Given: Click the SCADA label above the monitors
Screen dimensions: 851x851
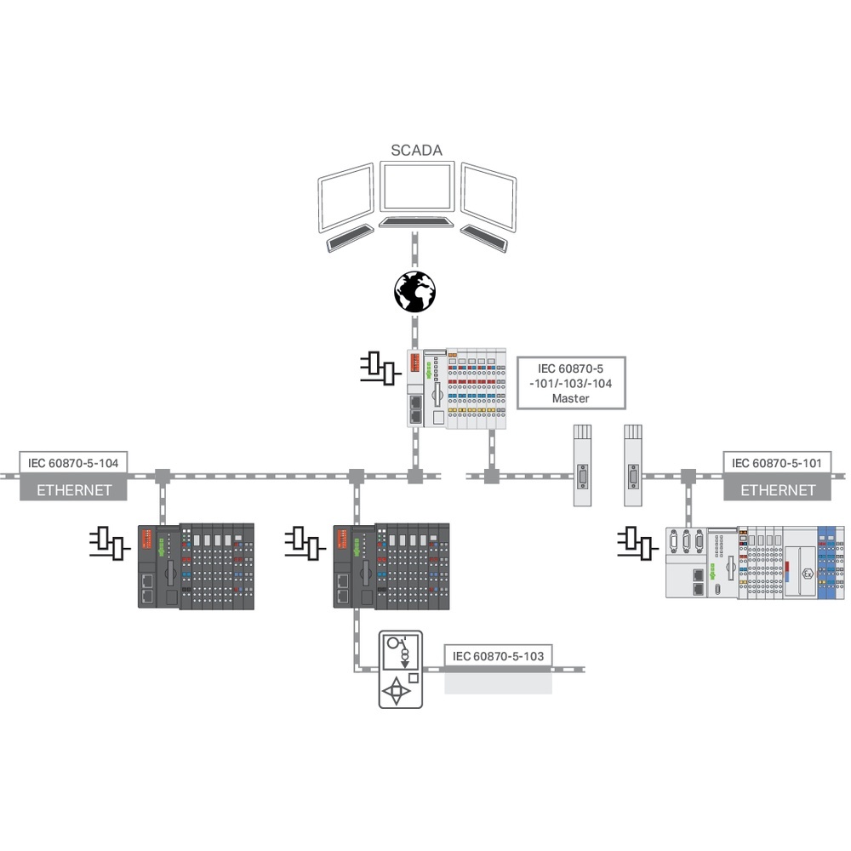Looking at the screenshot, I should click(x=417, y=151).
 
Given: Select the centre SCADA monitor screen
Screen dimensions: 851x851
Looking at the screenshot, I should click(x=416, y=188).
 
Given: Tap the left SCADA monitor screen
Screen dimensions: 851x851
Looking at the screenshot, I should click(x=346, y=198).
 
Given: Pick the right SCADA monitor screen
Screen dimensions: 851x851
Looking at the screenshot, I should click(x=488, y=198).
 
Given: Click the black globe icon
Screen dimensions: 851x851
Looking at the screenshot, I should click(x=415, y=291).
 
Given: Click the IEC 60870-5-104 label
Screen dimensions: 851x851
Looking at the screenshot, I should click(x=73, y=463).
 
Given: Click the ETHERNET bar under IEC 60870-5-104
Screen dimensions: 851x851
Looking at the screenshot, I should click(x=73, y=489).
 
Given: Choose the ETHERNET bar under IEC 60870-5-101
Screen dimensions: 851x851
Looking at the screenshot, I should click(x=778, y=489).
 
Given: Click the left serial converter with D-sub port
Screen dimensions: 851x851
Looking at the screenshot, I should click(x=582, y=465).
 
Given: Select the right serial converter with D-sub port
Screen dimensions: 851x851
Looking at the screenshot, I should click(x=632, y=465).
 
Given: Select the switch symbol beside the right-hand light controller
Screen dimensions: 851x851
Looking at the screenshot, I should click(x=637, y=542).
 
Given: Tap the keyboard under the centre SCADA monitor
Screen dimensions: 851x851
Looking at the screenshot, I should click(x=415, y=221).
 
